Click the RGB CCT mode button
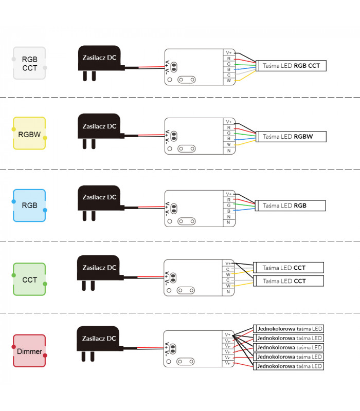(x=29, y=63)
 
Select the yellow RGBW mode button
(x=29, y=133)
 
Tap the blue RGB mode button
(x=29, y=205)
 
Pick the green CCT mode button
(x=29, y=279)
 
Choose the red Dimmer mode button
(x=29, y=351)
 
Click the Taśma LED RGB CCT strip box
(x=291, y=66)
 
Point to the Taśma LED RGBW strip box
(x=291, y=137)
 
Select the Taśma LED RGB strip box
(x=291, y=206)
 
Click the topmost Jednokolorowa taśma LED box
(x=289, y=329)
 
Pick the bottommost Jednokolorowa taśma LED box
(x=289, y=366)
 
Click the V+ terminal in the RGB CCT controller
(x=229, y=52)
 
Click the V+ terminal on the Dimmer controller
(x=228, y=335)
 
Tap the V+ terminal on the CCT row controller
(x=228, y=263)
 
